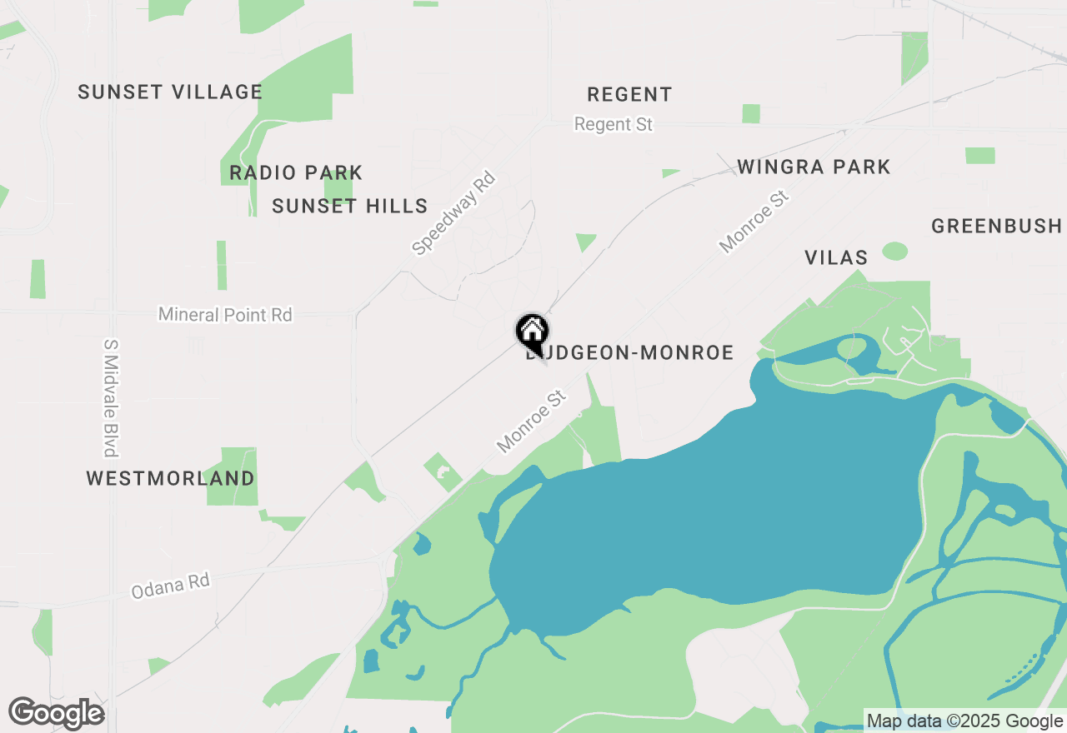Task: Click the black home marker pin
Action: pyautogui.click(x=532, y=332)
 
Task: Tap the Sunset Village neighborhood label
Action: pyautogui.click(x=170, y=92)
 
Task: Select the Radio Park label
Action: pyautogui.click(x=296, y=172)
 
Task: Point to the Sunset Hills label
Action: pyautogui.click(x=350, y=206)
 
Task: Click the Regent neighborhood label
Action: pyautogui.click(x=629, y=94)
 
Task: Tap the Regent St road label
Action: pyautogui.click(x=614, y=124)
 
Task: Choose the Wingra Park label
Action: pyautogui.click(x=814, y=167)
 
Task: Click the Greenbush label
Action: pyautogui.click(x=996, y=226)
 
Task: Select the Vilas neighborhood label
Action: pyautogui.click(x=836, y=257)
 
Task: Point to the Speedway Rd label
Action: pyautogui.click(x=454, y=213)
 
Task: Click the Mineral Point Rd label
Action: pyautogui.click(x=225, y=315)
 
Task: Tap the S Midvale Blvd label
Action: pyautogui.click(x=109, y=397)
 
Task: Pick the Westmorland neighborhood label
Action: pyautogui.click(x=171, y=478)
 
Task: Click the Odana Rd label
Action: pyautogui.click(x=170, y=585)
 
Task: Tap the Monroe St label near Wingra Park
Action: pyautogui.click(x=754, y=222)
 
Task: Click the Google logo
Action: pyautogui.click(x=57, y=713)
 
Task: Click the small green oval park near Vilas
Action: pyautogui.click(x=894, y=251)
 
